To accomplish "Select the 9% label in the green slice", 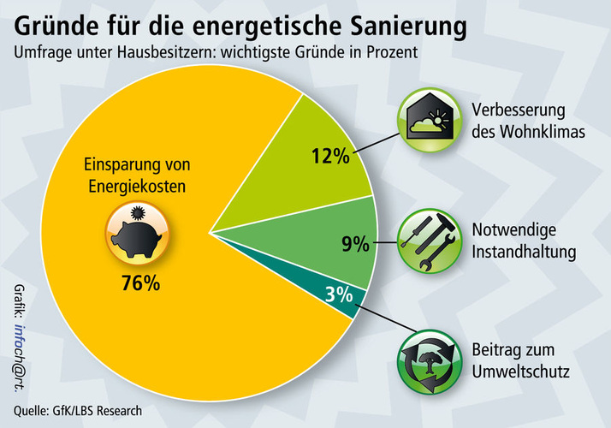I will coord(355,245).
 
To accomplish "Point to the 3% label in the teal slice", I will coord(339,295).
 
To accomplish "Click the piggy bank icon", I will coord(135,232).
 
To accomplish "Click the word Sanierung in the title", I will coord(394,25).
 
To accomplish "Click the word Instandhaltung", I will coord(525,253).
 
